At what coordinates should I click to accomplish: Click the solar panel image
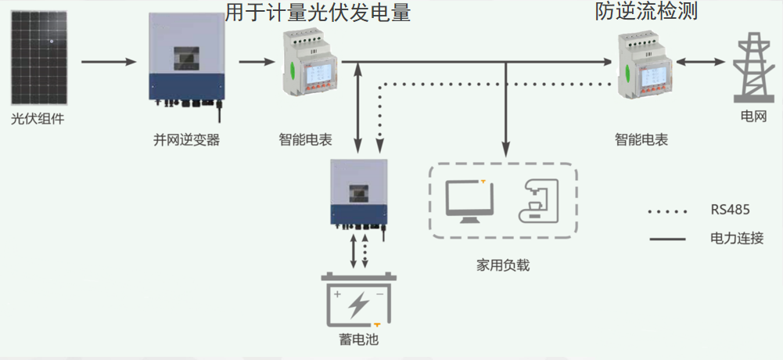click(39, 62)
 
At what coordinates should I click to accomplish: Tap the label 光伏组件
click(38, 120)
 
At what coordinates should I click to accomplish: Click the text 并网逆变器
click(186, 141)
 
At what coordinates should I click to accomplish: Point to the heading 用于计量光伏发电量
click(318, 13)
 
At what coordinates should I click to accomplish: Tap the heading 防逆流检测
click(646, 12)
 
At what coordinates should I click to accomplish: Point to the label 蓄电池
click(359, 340)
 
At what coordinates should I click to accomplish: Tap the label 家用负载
click(503, 265)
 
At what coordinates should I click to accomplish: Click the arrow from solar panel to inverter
click(109, 61)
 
